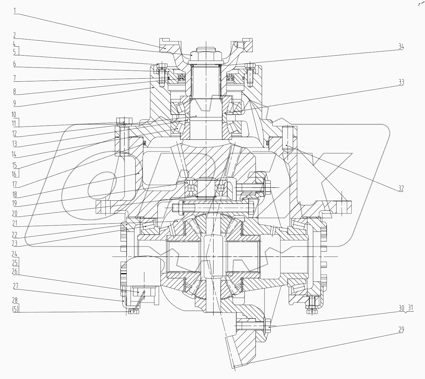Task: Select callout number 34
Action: pyautogui.click(x=401, y=47)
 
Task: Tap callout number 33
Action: pyautogui.click(x=401, y=82)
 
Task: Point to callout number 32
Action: pyautogui.click(x=401, y=188)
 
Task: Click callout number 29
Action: pyautogui.click(x=401, y=330)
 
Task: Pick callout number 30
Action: pyautogui.click(x=401, y=308)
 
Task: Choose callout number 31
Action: pyautogui.click(x=410, y=308)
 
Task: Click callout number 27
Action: pyautogui.click(x=15, y=286)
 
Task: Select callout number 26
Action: pyautogui.click(x=15, y=271)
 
